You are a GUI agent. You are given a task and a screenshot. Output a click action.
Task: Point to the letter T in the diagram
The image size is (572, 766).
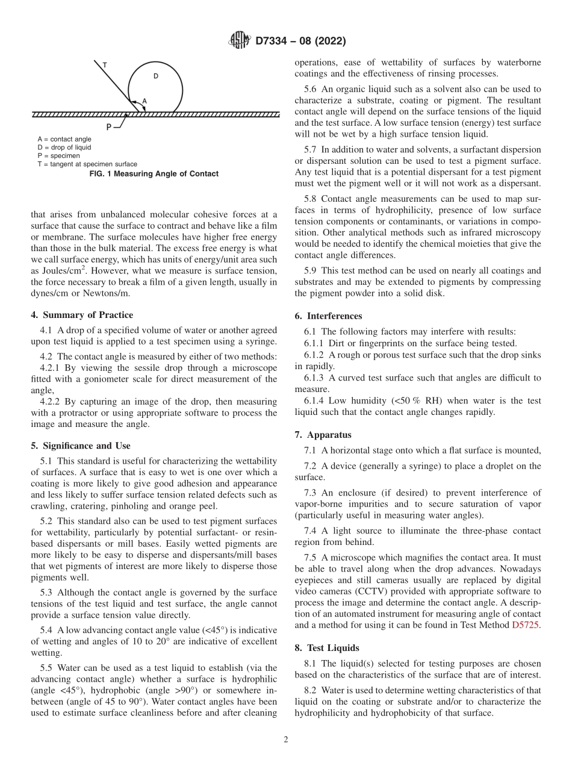[x=105, y=64]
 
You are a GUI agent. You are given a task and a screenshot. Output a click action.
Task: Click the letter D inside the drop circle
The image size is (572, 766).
[x=155, y=76]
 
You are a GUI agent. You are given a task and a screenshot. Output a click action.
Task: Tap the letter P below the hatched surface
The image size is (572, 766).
[x=109, y=127]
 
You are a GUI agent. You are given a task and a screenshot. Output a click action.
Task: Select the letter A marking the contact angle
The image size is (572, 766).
[x=144, y=101]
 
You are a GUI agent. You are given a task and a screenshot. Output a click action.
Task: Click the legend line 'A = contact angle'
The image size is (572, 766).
[x=64, y=139]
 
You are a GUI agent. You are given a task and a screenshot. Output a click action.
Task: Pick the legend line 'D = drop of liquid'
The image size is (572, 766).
[x=64, y=148]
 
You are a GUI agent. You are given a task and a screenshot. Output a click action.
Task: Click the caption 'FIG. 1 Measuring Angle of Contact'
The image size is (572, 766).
[x=155, y=174]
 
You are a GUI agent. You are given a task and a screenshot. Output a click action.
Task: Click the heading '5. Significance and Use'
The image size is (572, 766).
[x=81, y=446]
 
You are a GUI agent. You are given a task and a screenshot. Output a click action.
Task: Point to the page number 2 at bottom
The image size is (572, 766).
[x=286, y=740]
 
